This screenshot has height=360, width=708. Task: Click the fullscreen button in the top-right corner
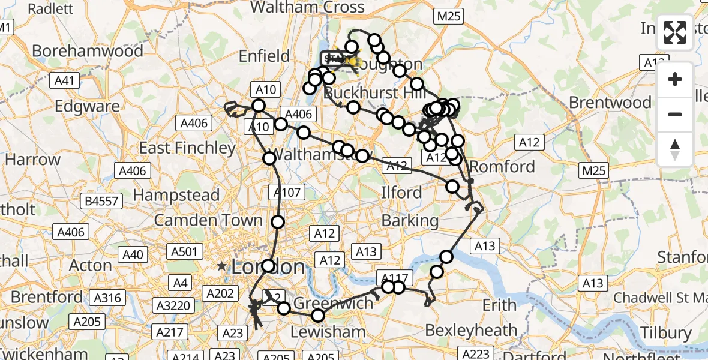[x=675, y=34]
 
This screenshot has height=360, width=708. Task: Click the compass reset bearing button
[x=675, y=149]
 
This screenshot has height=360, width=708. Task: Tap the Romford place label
[x=502, y=166]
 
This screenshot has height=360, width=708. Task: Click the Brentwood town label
[x=610, y=102]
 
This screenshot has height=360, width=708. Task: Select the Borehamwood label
[x=88, y=50]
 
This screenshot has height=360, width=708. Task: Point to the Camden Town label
[x=208, y=220]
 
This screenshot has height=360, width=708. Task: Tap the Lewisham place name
[x=328, y=332]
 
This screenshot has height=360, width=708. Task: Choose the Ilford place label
[x=401, y=193]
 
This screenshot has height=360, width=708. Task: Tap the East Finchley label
[x=187, y=148]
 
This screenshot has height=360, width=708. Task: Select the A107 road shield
[x=287, y=192]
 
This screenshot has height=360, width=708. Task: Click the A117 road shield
[x=394, y=278]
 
